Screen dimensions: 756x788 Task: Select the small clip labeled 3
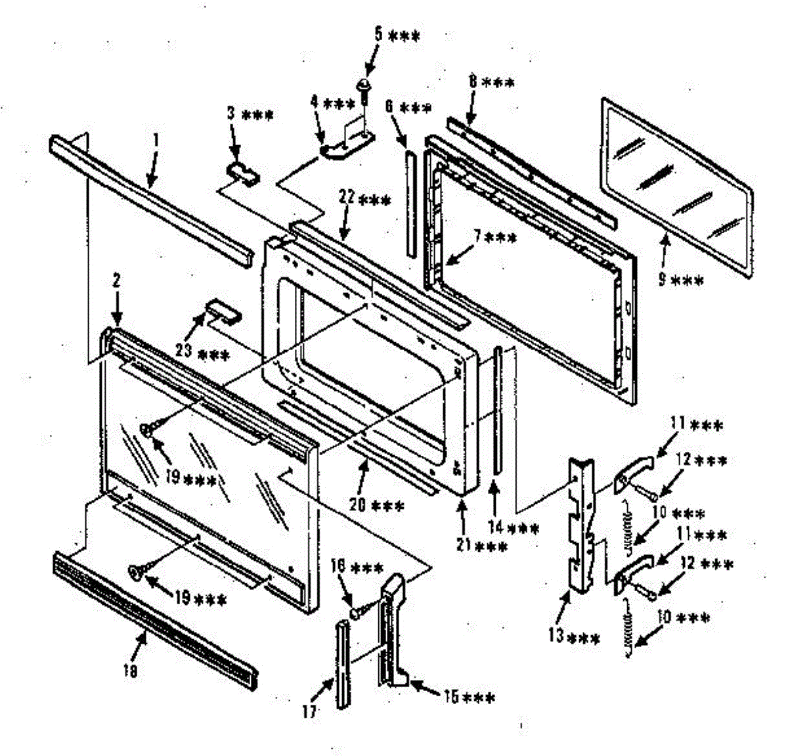(242, 171)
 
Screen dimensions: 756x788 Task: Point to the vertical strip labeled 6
(410, 204)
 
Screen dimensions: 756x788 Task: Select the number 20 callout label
(379, 506)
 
